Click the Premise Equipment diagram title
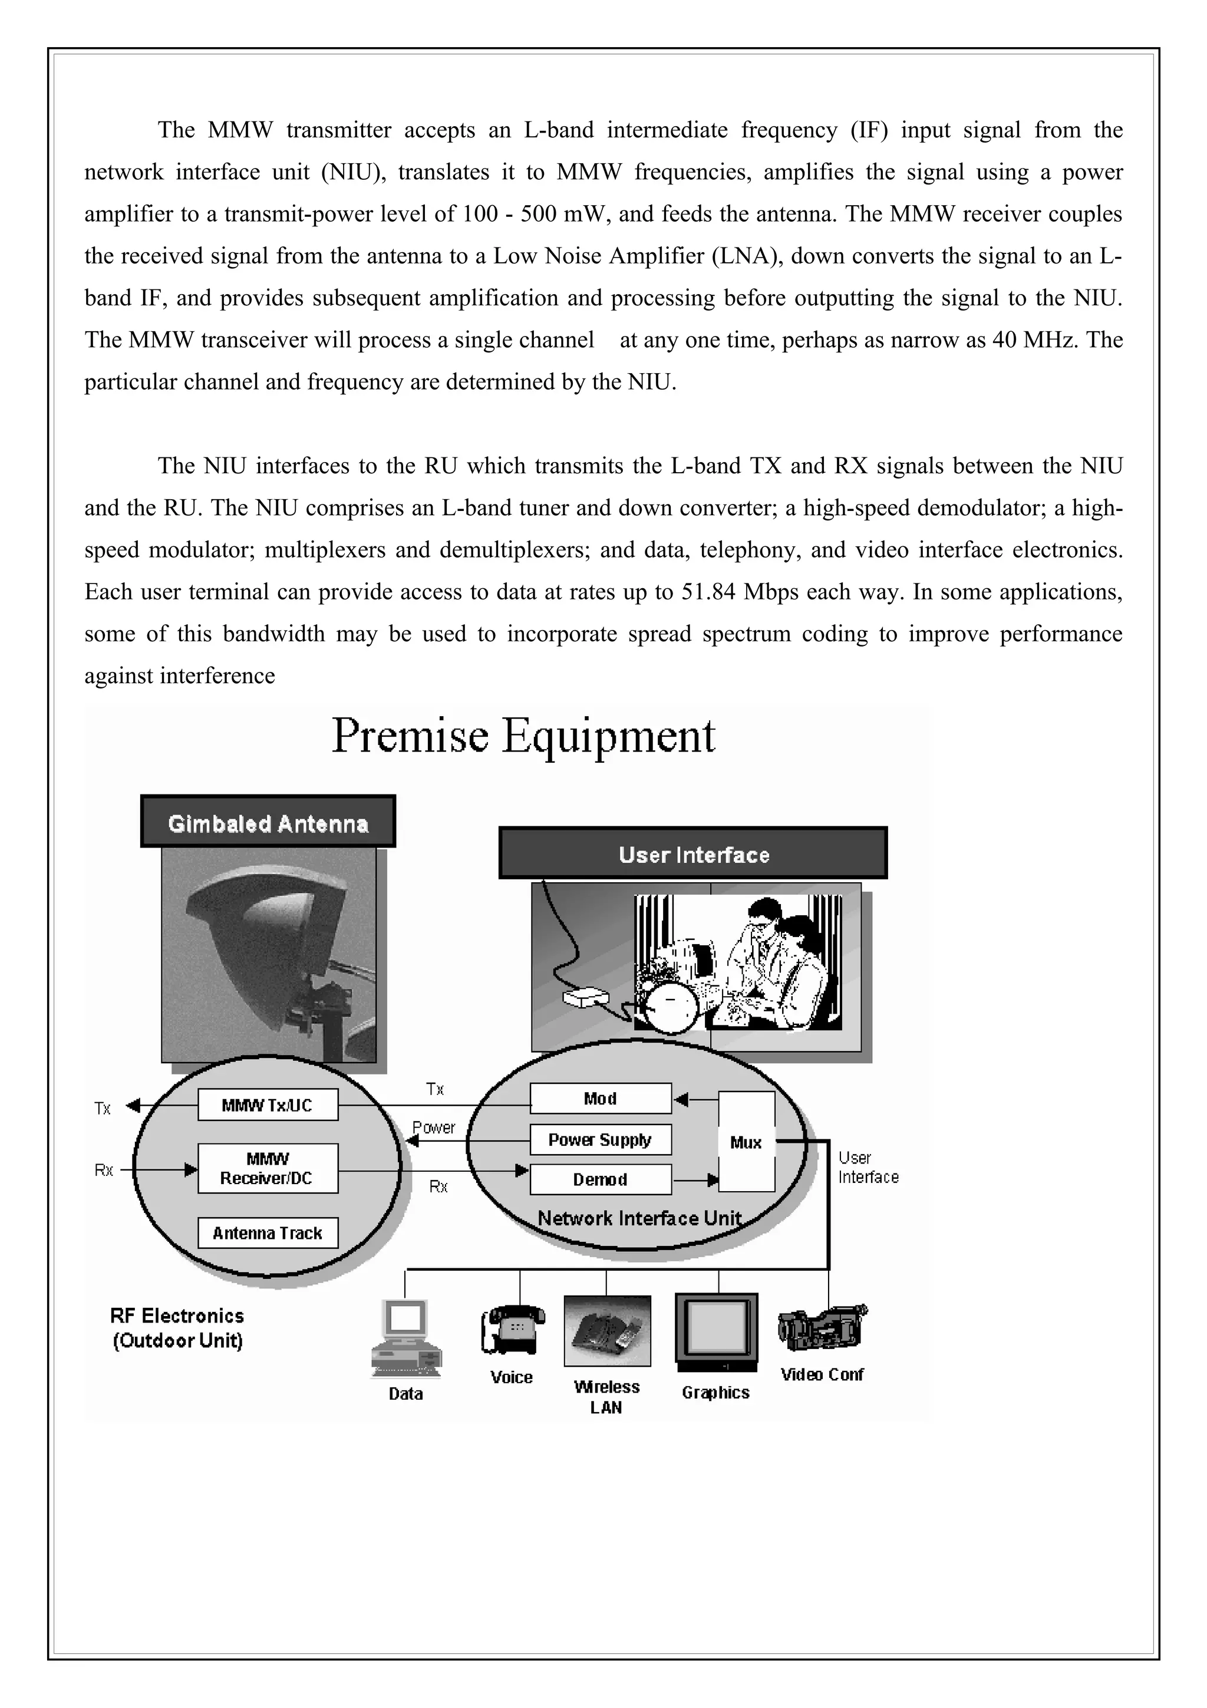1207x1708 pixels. click(x=523, y=737)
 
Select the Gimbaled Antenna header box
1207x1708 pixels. click(x=268, y=823)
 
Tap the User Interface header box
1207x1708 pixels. click(x=693, y=854)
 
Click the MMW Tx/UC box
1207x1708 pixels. click(x=268, y=1104)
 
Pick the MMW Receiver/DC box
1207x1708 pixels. click(x=268, y=1168)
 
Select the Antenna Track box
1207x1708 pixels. click(x=268, y=1232)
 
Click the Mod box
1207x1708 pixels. click(x=600, y=1098)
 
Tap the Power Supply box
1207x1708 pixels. click(x=600, y=1139)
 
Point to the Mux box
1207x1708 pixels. click(x=746, y=1142)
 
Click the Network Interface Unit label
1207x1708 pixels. click(x=639, y=1218)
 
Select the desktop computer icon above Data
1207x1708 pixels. click(x=405, y=1339)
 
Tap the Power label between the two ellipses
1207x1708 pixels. click(x=434, y=1127)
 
